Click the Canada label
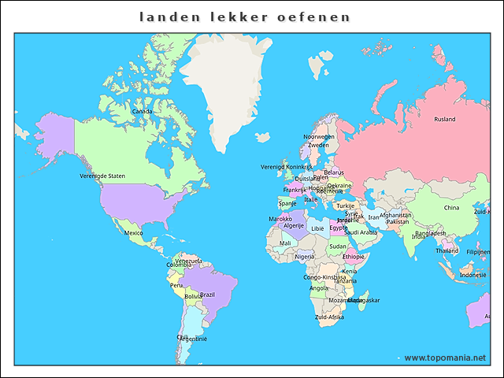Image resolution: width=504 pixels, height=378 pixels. (x=143, y=112)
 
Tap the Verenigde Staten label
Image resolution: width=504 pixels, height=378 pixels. (x=102, y=176)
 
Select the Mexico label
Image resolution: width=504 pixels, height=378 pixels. (x=134, y=233)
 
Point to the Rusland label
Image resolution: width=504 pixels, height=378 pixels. (x=445, y=120)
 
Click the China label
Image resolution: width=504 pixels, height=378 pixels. (x=451, y=208)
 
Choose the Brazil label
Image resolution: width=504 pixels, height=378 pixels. (x=207, y=295)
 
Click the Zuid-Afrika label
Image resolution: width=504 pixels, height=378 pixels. (x=329, y=317)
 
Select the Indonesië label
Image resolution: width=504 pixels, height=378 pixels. (x=473, y=275)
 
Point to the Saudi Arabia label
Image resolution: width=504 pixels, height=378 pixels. (x=361, y=232)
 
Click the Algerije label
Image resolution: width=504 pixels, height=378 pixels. (x=293, y=226)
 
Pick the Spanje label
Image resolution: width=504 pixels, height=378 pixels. (x=287, y=203)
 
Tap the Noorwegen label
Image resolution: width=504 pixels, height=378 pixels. (x=319, y=136)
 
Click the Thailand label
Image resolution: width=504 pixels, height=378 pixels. (x=447, y=250)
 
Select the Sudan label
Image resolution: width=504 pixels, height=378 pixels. (x=337, y=246)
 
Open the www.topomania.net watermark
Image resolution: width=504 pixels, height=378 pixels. (x=445, y=358)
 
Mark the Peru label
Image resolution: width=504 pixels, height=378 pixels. (x=176, y=285)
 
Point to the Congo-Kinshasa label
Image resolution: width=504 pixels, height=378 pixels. (x=324, y=277)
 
